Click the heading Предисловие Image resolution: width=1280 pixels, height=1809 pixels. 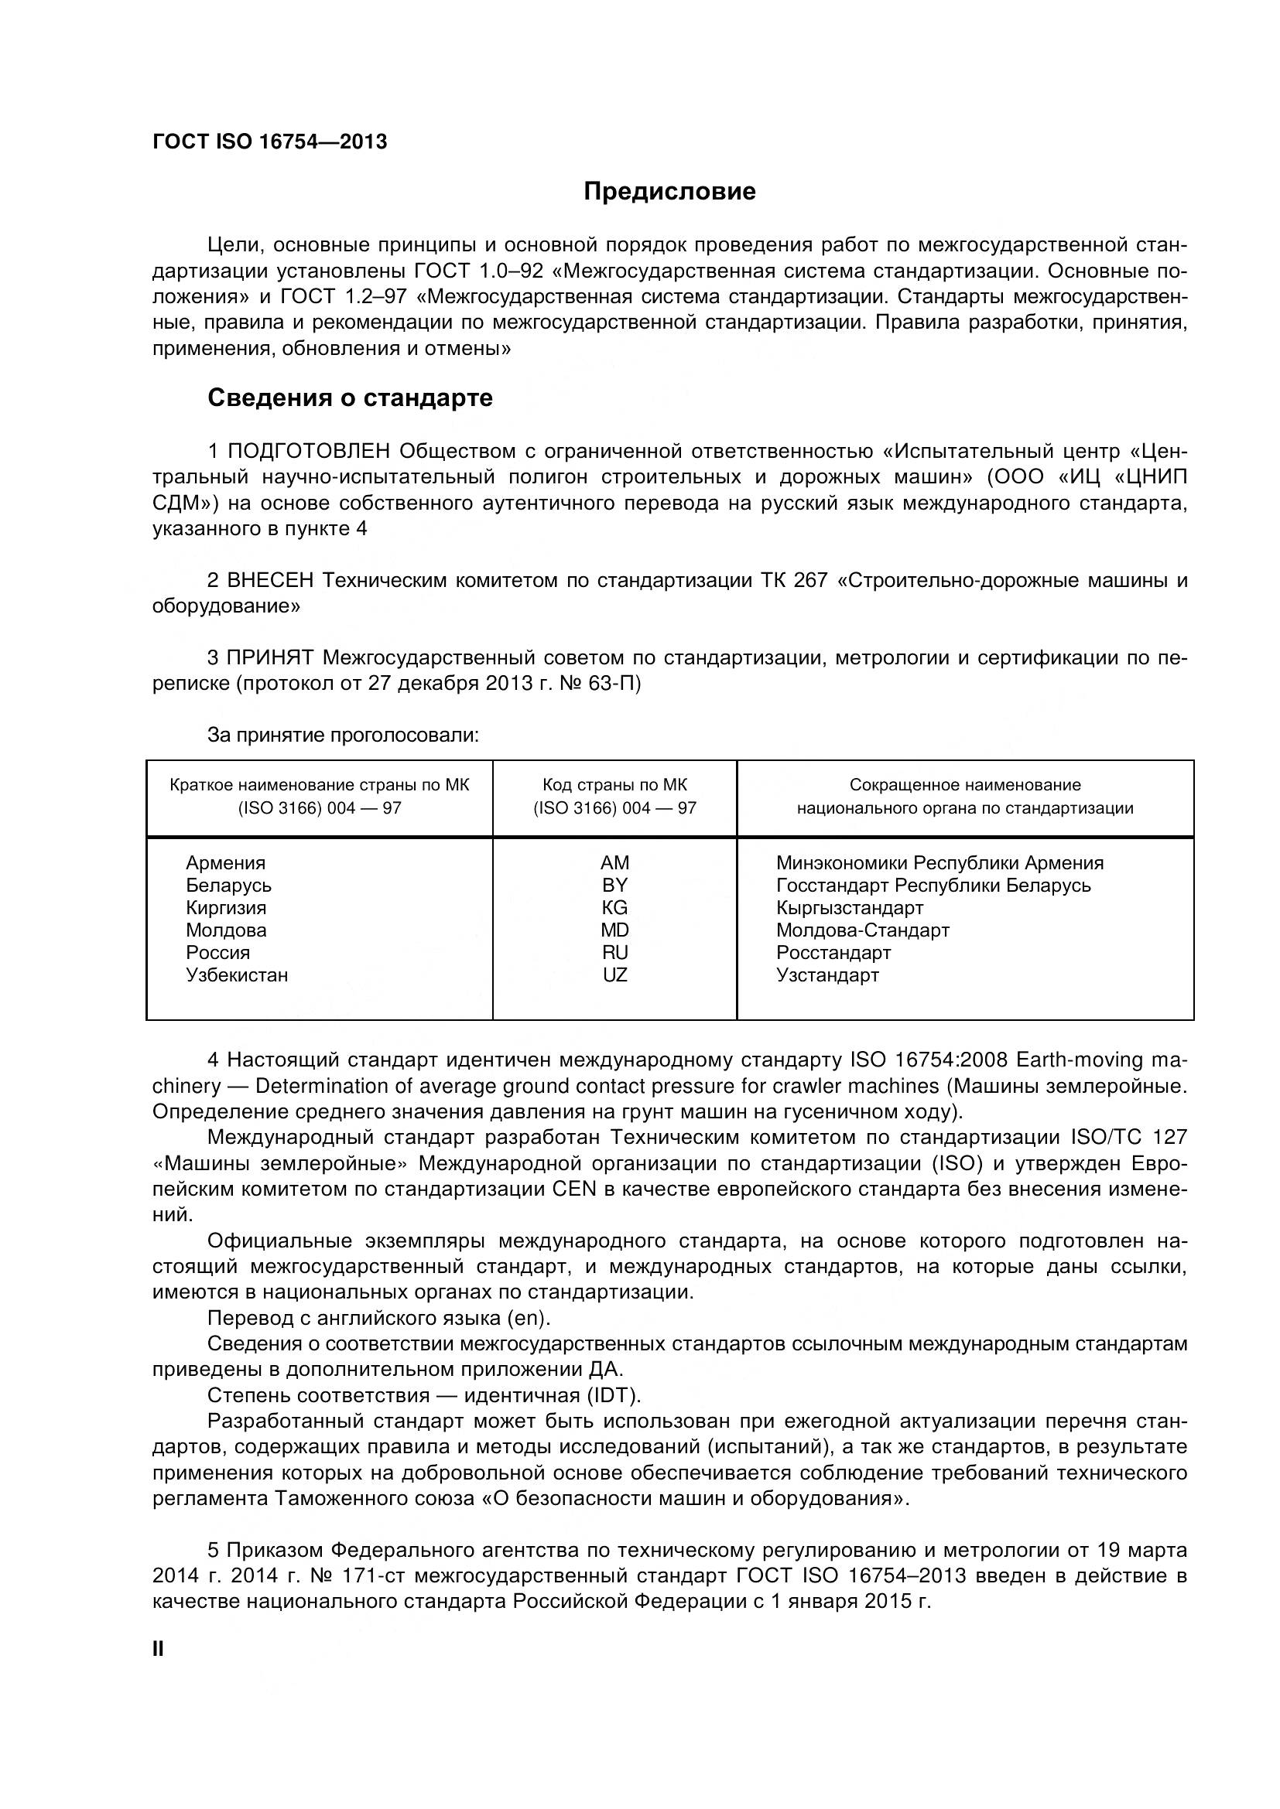pos(669,192)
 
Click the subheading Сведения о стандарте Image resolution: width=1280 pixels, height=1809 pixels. pos(350,398)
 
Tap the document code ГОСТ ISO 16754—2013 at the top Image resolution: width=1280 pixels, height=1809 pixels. pos(269,142)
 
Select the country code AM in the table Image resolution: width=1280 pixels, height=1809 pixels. pos(614,863)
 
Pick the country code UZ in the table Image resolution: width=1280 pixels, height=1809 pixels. pos(614,975)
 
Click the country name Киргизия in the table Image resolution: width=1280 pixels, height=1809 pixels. pos(226,908)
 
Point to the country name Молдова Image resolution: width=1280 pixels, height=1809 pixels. pos(226,930)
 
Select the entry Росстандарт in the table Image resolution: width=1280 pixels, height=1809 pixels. pos(833,953)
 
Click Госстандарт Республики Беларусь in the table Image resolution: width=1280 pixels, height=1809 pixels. pos(933,886)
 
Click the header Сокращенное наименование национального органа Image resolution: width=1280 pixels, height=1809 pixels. pos(965,797)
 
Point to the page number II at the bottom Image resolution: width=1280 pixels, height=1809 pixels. pos(158,1649)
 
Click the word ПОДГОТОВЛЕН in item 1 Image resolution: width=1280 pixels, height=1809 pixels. pos(309,452)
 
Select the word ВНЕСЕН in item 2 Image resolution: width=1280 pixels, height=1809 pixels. pos(270,581)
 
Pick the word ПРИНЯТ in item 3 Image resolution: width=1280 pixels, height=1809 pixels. pos(270,658)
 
